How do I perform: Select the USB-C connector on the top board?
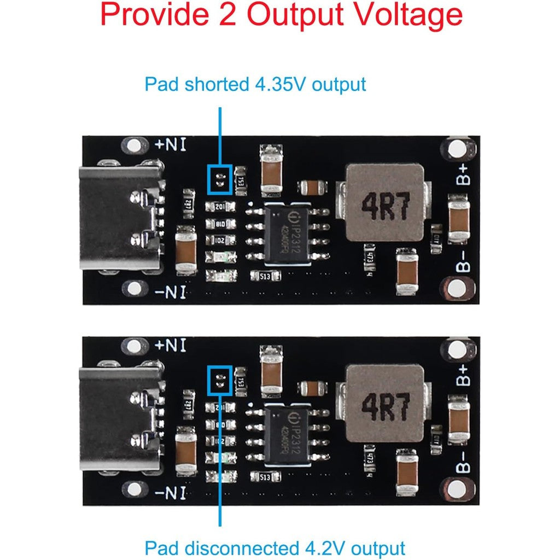click(121, 218)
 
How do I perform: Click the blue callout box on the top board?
click(220, 179)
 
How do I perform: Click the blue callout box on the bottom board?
click(220, 380)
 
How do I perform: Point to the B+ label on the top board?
click(463, 174)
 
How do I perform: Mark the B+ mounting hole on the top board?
click(454, 148)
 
